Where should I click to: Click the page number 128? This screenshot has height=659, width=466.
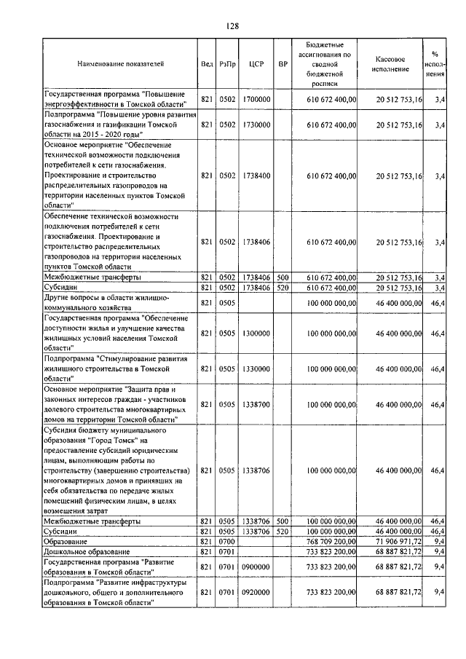tap(232, 26)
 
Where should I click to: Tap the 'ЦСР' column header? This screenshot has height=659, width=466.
tap(256, 64)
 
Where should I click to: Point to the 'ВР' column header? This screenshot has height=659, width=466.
tap(283, 64)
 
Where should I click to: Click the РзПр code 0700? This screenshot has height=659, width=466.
tap(228, 542)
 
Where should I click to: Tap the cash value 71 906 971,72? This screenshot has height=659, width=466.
tap(399, 542)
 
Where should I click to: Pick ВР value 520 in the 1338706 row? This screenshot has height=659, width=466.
tap(283, 532)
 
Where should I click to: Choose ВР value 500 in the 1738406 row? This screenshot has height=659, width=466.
tap(283, 277)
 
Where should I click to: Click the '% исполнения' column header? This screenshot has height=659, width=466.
tap(435, 64)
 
